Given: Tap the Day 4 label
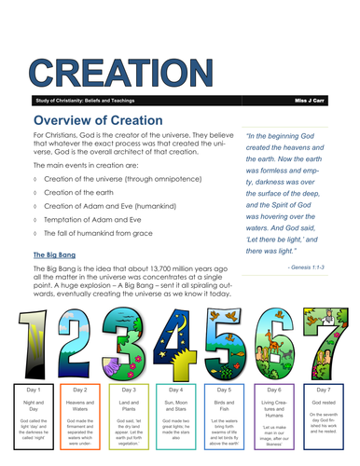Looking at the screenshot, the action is [x=179, y=390].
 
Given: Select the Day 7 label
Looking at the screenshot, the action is [x=326, y=390].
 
